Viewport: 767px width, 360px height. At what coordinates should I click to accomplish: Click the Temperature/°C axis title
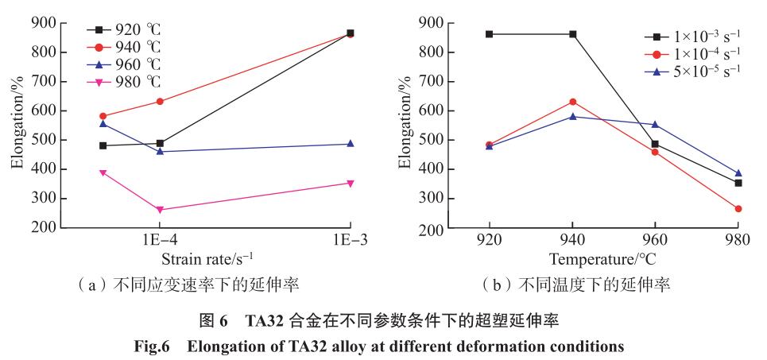[x=602, y=259]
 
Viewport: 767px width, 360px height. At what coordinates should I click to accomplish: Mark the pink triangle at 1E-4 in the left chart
[x=160, y=210]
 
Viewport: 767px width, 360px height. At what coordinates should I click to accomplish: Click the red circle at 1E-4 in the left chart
[x=160, y=102]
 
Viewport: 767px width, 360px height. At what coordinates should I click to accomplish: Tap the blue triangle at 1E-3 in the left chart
[x=351, y=144]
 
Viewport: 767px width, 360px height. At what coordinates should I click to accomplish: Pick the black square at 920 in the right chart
[x=490, y=34]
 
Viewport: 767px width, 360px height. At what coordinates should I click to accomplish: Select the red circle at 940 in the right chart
[x=572, y=102]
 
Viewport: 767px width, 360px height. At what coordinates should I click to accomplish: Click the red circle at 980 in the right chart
[x=738, y=209]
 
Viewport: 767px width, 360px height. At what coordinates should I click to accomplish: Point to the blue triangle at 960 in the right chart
[x=655, y=125]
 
